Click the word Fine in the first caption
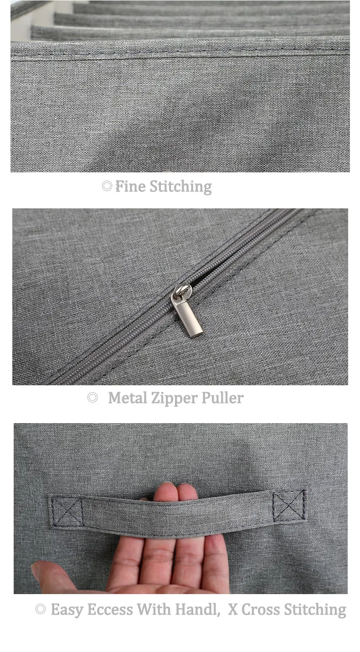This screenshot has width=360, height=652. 130,186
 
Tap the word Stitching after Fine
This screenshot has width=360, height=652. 181,187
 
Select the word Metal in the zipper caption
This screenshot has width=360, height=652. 128,398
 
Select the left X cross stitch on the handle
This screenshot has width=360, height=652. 67,512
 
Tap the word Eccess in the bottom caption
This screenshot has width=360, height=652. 110,610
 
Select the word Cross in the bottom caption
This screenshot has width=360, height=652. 261,610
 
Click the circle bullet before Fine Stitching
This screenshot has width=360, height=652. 107,186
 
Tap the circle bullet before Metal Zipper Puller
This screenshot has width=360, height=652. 92,398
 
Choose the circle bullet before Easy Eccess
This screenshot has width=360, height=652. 41,609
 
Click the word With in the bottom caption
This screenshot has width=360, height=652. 154,609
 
